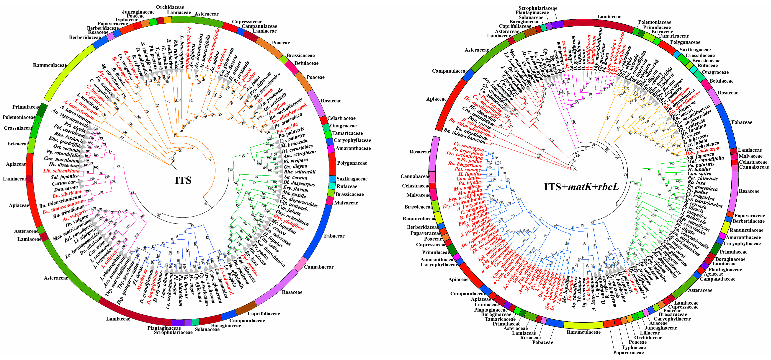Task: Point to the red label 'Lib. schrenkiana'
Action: click(61, 171)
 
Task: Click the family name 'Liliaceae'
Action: click(650, 333)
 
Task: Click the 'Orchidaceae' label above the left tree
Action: click(170, 7)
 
